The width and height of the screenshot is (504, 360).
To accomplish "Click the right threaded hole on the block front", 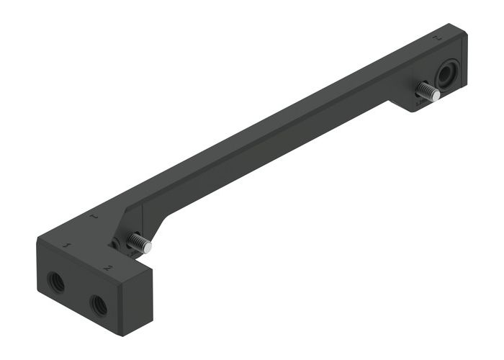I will [x=99, y=305].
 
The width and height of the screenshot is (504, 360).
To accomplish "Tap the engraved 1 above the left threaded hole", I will [x=67, y=247].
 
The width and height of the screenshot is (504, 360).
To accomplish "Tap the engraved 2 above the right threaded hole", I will [x=107, y=268].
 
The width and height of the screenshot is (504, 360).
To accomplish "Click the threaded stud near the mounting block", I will [x=138, y=243].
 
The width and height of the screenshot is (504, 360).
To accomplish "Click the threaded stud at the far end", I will [x=427, y=91].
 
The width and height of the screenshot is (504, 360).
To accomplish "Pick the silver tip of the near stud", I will [x=147, y=247].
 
